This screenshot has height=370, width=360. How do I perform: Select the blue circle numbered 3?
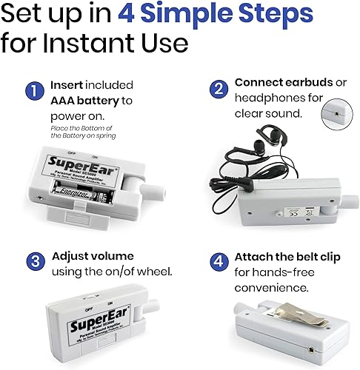click(33, 260)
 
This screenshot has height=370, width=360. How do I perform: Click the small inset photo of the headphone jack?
click(336, 115)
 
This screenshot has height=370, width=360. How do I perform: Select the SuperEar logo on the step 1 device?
click(70, 161)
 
